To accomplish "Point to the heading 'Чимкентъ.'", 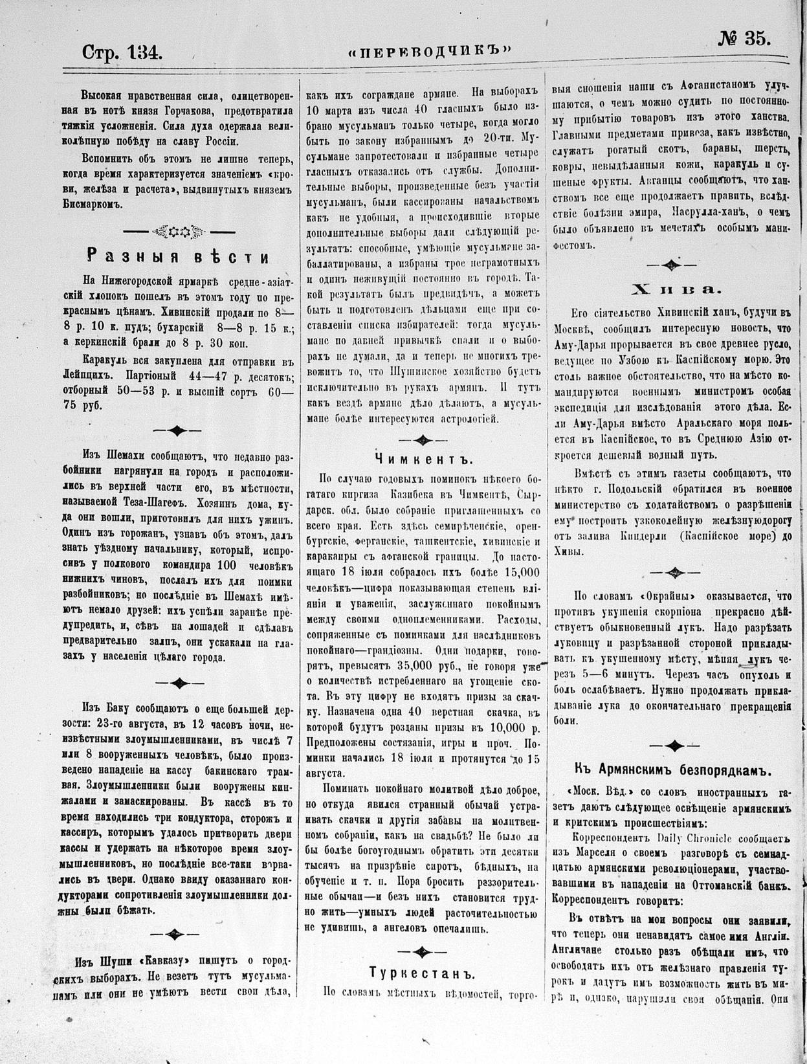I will click(x=424, y=459).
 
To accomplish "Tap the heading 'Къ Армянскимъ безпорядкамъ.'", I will click(x=673, y=770).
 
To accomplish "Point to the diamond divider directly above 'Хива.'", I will click(x=672, y=265).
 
